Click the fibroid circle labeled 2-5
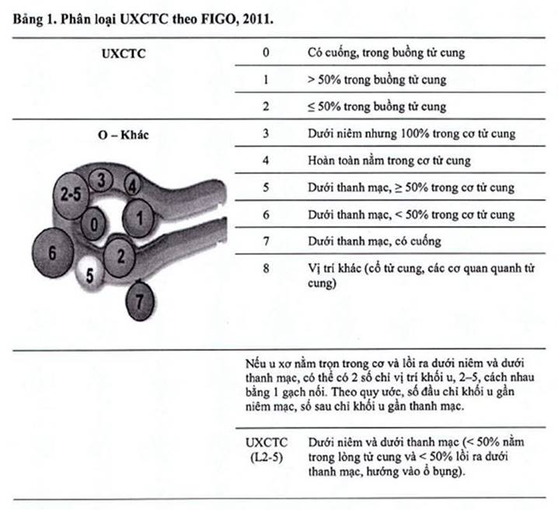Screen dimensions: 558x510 (71, 196)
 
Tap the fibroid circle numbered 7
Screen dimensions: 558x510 (140, 300)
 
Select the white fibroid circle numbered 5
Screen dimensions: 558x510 (89, 274)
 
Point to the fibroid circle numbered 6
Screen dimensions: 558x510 (53, 253)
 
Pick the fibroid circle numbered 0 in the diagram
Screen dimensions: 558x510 (93, 224)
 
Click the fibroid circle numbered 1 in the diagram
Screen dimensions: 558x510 (139, 218)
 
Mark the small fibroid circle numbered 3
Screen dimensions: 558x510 (102, 180)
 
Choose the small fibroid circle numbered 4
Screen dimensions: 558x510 (132, 185)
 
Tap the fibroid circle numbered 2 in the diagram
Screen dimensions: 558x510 (120, 257)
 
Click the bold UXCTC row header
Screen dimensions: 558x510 (124, 54)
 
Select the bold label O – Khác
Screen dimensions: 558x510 (123, 135)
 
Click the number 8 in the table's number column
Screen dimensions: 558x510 (267, 268)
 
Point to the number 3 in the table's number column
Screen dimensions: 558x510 (266, 134)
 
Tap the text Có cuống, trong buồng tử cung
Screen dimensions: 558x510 (386, 53)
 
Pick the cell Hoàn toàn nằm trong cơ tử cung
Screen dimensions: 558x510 (389, 161)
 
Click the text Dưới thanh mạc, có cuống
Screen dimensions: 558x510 (375, 241)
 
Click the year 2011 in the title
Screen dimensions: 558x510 (258, 19)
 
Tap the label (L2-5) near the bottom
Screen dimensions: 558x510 (267, 457)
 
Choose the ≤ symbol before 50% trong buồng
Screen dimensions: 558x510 (312, 107)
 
